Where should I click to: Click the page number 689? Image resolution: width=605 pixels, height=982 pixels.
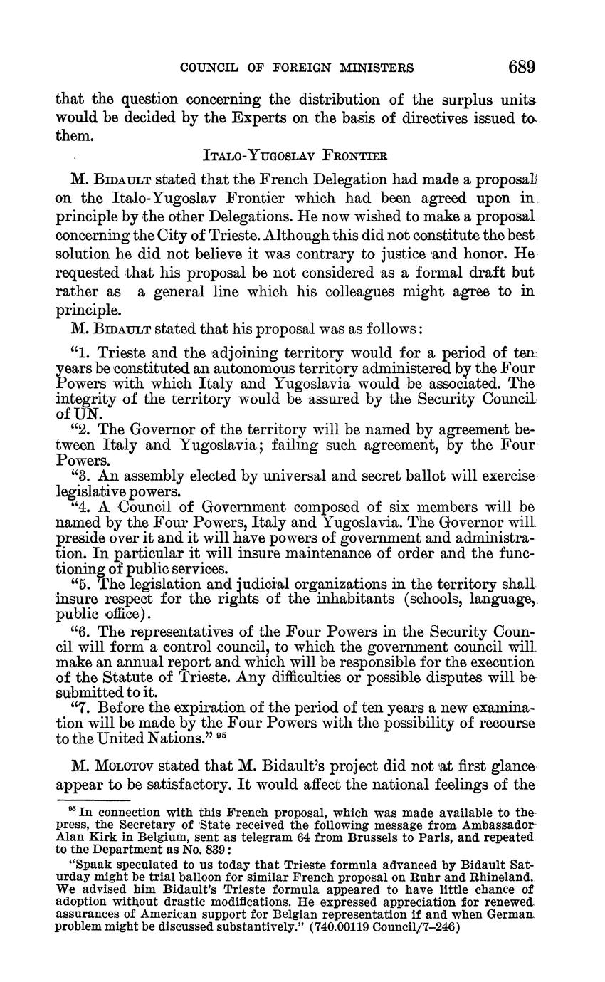pos(521,68)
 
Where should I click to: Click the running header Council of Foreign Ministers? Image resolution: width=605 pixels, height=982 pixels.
pos(297,68)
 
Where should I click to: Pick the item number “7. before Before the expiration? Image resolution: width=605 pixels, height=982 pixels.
pos(82,708)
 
